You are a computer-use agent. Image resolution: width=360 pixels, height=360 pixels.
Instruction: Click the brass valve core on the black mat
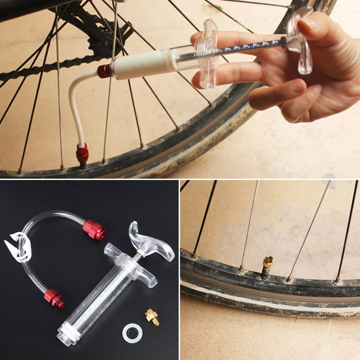point(152,317)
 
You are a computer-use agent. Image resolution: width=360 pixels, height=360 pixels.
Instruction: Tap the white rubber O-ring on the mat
point(132,333)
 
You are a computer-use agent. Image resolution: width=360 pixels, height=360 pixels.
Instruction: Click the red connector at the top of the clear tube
point(94,230)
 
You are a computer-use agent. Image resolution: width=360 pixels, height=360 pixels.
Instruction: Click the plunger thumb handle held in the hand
point(300,40)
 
